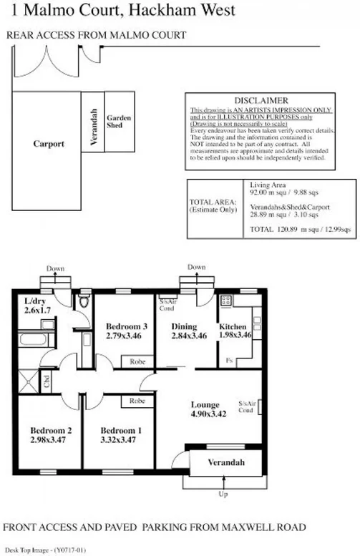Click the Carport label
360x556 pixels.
pos(49,144)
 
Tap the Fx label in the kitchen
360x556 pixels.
pos(228,361)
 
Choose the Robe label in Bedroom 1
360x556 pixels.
pos(137,401)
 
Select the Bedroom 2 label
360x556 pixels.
pos(48,430)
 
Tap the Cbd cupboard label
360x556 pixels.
pos(46,379)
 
